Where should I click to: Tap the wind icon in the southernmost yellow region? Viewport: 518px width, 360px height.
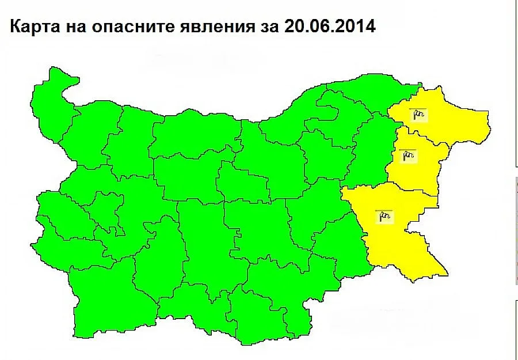click(x=384, y=217)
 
